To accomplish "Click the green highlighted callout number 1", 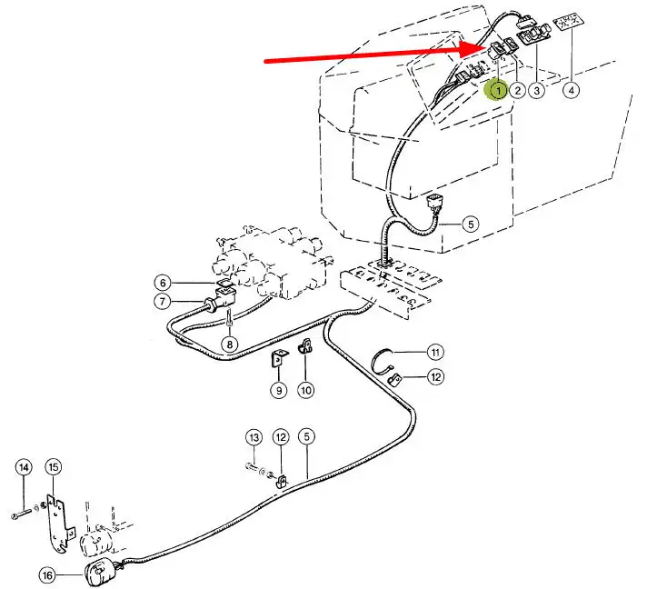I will pos(497,90).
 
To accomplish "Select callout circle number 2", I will pos(517,90).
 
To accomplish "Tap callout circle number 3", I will pos(538,90).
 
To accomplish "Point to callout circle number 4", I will pos(572,90).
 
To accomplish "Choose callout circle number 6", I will pos(161,283).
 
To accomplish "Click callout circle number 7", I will pos(161,302).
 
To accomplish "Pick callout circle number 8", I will pos(229,344).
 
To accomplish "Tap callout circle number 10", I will pos(305,390).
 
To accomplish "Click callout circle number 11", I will pos(436,352).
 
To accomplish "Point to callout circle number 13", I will pos(254,438).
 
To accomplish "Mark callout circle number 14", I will pos(24,467).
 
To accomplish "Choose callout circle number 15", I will pos(54,467).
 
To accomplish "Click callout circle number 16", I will pos(46,574).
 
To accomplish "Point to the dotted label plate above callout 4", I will pos(571,23).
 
